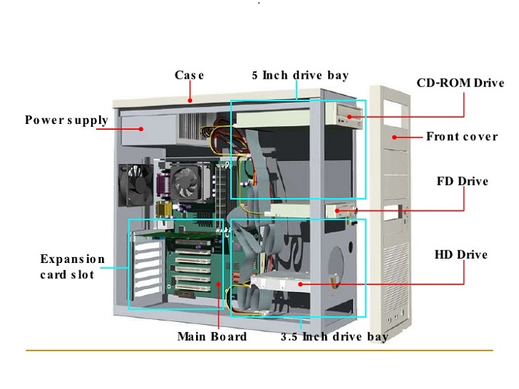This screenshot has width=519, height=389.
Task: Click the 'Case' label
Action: [190, 75]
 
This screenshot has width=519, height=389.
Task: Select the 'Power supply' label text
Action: [66, 120]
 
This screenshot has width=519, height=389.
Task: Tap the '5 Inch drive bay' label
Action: [300, 75]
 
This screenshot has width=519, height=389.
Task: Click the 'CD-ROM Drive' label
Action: [460, 83]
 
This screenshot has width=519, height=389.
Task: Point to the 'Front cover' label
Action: [461, 136]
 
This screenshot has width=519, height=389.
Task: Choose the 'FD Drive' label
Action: [462, 181]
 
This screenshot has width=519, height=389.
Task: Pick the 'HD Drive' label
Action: [461, 254]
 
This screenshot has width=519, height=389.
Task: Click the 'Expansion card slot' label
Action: [72, 267]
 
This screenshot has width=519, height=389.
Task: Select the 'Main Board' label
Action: [211, 337]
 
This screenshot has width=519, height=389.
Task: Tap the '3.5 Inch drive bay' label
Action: [335, 337]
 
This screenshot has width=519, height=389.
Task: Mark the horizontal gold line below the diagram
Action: [259, 350]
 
